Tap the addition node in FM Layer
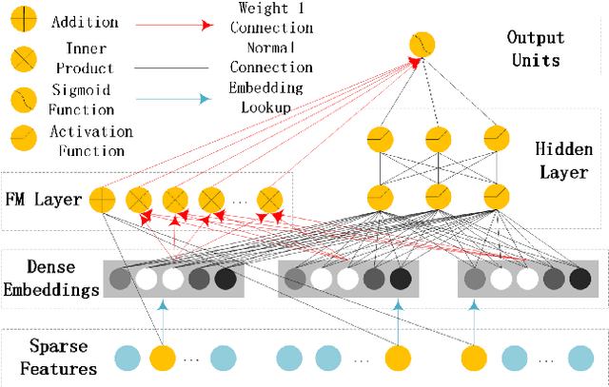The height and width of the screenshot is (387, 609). (x=101, y=200)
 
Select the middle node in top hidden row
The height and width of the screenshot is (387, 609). (x=438, y=139)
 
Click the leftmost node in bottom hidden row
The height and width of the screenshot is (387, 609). (x=381, y=196)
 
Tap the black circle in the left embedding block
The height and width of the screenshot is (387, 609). (x=226, y=280)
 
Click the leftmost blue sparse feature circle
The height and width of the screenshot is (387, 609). (x=127, y=358)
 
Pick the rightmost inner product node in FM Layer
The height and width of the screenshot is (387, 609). (x=271, y=200)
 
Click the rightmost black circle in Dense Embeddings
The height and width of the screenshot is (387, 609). (x=580, y=279)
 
